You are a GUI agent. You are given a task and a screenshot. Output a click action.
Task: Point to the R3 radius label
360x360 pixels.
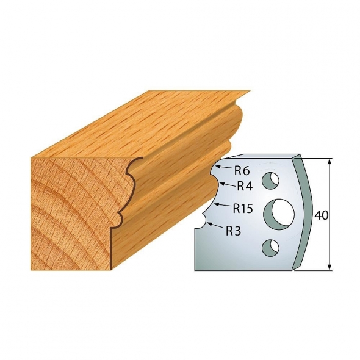234,231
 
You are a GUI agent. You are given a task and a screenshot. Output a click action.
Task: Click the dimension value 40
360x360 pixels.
321,215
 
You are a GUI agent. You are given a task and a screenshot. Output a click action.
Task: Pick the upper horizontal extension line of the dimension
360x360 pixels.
314,158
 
